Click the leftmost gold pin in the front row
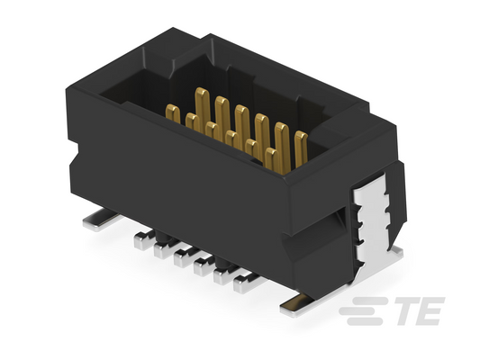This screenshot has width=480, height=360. [173, 113]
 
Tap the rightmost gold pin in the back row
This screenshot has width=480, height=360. [301, 149]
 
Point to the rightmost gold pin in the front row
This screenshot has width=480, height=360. [271, 158]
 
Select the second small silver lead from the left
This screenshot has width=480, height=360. [164, 249]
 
